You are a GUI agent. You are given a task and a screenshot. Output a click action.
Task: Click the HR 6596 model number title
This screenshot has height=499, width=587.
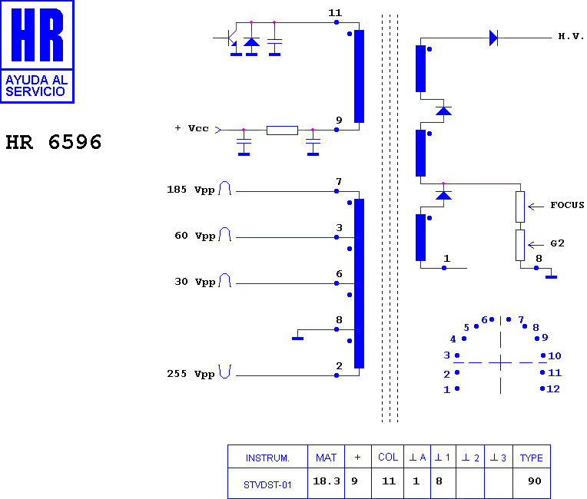click(54, 142)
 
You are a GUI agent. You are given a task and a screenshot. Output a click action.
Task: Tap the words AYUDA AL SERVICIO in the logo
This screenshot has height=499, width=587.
click(36, 86)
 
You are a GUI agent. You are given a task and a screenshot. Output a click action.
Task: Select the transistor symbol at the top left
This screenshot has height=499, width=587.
click(230, 38)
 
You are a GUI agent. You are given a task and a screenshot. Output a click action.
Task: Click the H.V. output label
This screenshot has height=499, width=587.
click(571, 36)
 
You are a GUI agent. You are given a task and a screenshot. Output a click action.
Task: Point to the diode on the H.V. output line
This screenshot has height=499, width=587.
click(494, 38)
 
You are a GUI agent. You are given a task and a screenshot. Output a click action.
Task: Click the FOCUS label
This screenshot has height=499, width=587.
click(567, 205)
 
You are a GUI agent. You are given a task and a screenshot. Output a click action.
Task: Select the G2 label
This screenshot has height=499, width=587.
click(557, 243)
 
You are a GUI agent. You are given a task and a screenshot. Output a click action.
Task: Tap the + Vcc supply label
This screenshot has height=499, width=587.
click(191, 128)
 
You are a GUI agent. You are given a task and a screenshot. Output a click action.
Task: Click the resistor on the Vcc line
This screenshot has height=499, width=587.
click(282, 131)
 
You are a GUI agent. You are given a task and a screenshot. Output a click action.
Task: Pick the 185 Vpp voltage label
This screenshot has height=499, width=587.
click(191, 190)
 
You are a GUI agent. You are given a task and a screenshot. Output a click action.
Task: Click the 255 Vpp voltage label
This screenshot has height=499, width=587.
click(191, 374)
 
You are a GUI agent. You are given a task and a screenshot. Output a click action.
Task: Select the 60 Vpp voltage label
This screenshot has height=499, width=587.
click(194, 236)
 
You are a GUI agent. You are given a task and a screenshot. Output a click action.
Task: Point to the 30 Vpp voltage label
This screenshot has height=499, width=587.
click(194, 282)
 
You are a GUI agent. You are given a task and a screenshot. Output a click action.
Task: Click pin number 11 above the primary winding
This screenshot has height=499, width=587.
click(335, 13)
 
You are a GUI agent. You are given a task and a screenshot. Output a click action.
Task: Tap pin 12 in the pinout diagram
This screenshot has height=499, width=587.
click(553, 389)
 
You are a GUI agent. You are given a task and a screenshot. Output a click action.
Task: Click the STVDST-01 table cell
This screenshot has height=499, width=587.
click(267, 485)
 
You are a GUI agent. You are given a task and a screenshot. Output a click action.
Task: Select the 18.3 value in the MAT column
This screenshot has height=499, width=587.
click(327, 481)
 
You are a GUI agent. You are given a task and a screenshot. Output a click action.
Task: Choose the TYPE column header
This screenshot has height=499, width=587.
click(531, 458)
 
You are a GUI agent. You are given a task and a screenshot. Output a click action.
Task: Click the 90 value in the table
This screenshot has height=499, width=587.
click(535, 481)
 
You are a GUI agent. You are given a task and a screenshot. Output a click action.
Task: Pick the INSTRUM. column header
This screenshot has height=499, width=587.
click(267, 458)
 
